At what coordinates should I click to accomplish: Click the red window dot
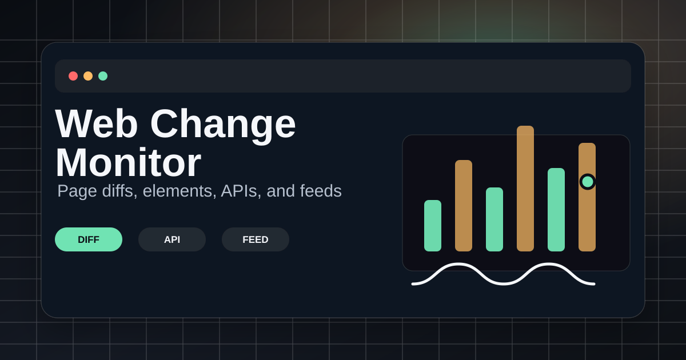(73, 76)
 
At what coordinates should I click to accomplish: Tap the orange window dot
(88, 76)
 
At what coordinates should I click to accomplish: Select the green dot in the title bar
(103, 76)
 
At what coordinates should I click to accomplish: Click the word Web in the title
(97, 124)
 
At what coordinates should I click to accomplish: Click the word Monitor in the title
(128, 162)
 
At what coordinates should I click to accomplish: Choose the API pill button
(172, 239)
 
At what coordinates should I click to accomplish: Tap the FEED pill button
(256, 239)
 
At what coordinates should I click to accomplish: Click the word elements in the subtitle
(177, 191)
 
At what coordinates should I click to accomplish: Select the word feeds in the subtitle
(321, 191)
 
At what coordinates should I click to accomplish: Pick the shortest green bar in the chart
(433, 226)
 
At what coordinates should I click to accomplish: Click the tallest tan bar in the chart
(525, 189)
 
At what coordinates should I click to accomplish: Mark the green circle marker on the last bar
(588, 182)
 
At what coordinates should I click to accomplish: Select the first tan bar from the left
(464, 206)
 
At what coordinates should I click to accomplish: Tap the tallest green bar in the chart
(556, 210)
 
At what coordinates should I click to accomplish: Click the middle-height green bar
(494, 219)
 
